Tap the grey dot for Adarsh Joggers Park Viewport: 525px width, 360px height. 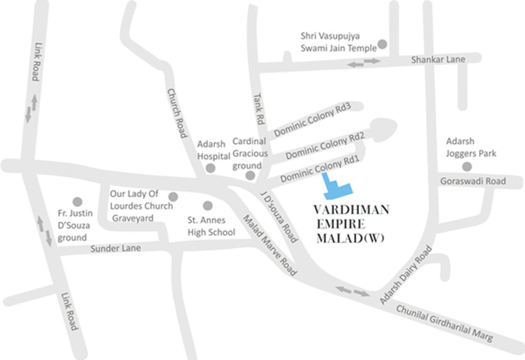466,166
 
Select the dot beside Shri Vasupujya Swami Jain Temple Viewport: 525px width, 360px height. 382,44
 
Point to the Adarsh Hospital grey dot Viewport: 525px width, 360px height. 211,168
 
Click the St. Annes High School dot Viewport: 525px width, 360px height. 208,205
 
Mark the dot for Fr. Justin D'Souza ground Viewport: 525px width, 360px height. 77,202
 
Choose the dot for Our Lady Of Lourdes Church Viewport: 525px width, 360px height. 173,196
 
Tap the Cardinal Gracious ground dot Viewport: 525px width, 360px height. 250,175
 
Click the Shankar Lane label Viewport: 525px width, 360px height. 438,60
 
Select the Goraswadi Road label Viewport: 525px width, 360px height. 473,181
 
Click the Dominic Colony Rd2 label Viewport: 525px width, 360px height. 325,145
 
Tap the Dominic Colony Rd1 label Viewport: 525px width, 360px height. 319,170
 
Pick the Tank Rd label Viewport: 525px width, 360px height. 259,108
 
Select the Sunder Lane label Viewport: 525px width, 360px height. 116,248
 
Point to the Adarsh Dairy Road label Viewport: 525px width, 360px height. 406,275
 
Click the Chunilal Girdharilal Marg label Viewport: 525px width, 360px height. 444,324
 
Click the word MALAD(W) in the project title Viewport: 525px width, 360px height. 351,238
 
